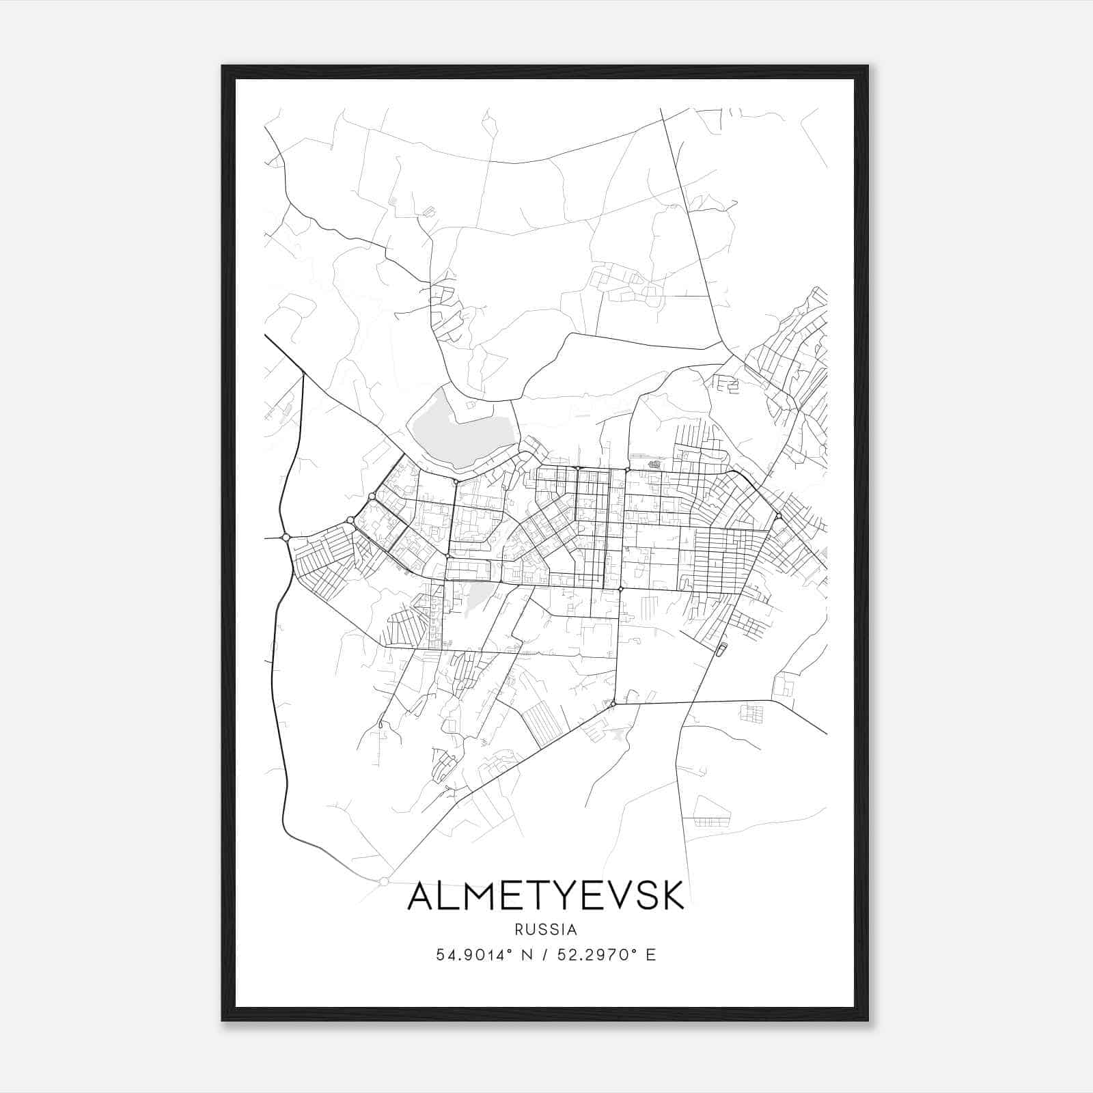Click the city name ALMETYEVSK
pyautogui.click(x=546, y=896)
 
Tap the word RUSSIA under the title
pyautogui.click(x=546, y=930)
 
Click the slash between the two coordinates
pyautogui.click(x=544, y=955)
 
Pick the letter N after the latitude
pyautogui.click(x=526, y=955)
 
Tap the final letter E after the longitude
pyautogui.click(x=650, y=955)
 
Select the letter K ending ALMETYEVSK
pyautogui.click(x=672, y=896)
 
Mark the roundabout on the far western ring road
pyautogui.click(x=286, y=538)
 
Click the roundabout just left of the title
pyautogui.click(x=384, y=881)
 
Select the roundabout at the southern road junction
pyautogui.click(x=613, y=703)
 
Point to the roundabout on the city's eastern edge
pyautogui.click(x=778, y=516)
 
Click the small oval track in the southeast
pyautogui.click(x=721, y=649)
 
